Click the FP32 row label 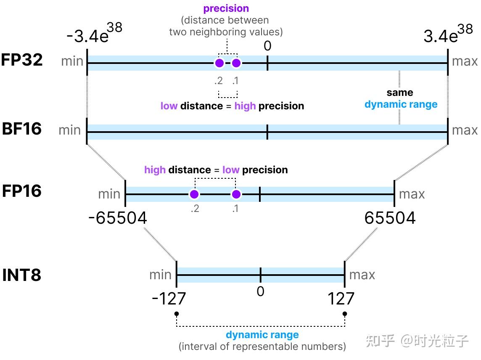[x=22, y=60]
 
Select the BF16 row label [x=21, y=128]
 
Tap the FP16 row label [x=22, y=191]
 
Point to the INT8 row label [x=22, y=275]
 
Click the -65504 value [x=118, y=218]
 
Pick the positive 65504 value [x=390, y=218]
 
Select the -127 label [x=169, y=299]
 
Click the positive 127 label [x=341, y=299]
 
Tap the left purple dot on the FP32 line [x=219, y=63]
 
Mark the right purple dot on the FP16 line [x=236, y=194]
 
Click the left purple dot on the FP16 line [x=194, y=194]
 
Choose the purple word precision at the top [x=226, y=8]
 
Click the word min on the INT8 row [x=160, y=275]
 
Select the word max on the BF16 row [x=465, y=130]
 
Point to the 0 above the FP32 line [x=267, y=46]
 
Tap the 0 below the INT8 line [x=261, y=291]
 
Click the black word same [x=400, y=93]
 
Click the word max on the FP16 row [x=412, y=194]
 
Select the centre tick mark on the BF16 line [x=267, y=132]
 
